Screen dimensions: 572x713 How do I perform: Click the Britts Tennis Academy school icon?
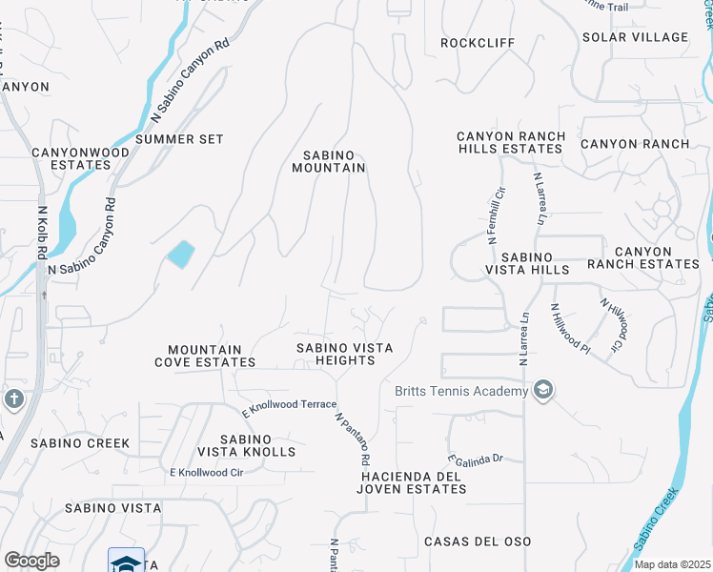543,391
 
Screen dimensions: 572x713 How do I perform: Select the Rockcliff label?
478,43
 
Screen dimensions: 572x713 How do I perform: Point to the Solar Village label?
635,37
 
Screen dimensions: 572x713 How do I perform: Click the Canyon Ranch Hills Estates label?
510,142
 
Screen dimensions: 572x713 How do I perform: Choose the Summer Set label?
179,139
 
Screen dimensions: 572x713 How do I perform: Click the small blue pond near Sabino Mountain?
180,255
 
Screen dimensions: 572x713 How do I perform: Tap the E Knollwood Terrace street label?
289,406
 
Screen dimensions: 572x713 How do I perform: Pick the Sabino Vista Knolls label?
246,444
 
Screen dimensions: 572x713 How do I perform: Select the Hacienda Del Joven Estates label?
413,482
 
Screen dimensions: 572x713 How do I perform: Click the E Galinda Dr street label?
474,460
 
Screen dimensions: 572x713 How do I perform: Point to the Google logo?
31,561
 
